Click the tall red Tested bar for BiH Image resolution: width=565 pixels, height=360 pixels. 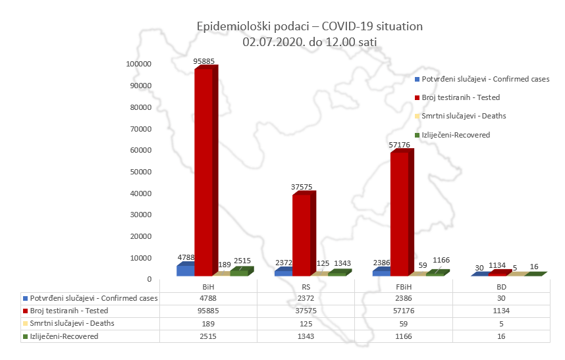tap(203, 171)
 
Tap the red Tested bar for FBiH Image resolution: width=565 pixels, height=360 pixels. tap(399, 214)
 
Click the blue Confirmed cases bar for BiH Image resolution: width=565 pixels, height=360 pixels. tap(185, 270)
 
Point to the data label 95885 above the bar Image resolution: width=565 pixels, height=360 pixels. tap(204, 61)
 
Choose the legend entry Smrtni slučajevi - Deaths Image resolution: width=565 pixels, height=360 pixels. tap(464, 116)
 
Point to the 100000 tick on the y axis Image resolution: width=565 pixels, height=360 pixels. tap(140, 64)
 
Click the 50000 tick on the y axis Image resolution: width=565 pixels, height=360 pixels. tap(142, 172)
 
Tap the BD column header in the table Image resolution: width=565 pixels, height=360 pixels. tap(501, 288)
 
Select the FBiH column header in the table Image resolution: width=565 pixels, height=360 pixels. tap(404, 288)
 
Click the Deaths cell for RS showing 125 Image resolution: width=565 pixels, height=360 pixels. tap(306, 323)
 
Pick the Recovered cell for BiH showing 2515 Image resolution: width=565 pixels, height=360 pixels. tap(208, 336)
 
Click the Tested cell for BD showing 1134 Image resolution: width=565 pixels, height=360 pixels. tap(501, 311)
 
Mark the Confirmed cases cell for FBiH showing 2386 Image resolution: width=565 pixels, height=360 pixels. tap(404, 299)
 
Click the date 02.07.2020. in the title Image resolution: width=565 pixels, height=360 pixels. tap(270, 41)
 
